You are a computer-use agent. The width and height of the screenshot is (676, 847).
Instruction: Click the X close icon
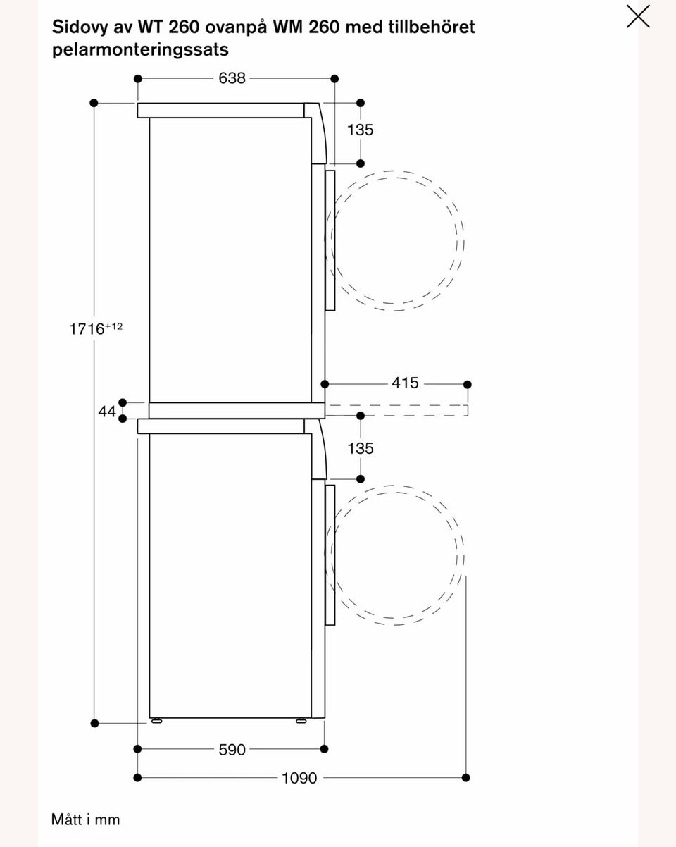pyautogui.click(x=638, y=16)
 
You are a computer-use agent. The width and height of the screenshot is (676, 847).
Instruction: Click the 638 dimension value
pyautogui.click(x=232, y=78)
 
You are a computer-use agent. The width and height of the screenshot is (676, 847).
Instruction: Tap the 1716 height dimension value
pyautogui.click(x=87, y=329)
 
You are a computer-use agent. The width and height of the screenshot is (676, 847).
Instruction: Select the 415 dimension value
pyautogui.click(x=405, y=383)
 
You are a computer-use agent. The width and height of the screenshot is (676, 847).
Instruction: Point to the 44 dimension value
pyautogui.click(x=107, y=412)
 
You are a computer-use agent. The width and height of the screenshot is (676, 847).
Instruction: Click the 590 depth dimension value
pyautogui.click(x=232, y=750)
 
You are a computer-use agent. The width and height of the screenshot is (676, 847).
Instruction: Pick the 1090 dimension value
pyautogui.click(x=299, y=778)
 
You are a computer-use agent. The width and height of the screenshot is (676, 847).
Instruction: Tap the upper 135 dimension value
pyautogui.click(x=361, y=130)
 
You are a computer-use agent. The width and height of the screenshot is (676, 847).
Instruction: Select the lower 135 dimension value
pyautogui.click(x=361, y=448)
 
